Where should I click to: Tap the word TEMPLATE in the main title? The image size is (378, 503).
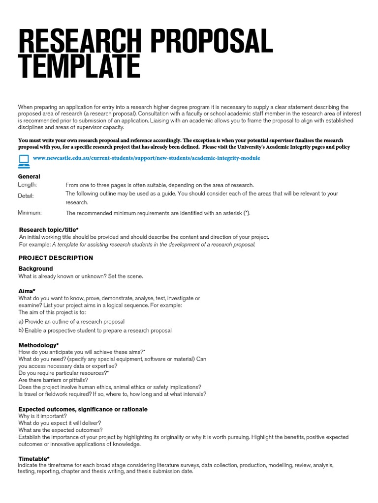point(79,67)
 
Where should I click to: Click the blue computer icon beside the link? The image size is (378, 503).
point(24,159)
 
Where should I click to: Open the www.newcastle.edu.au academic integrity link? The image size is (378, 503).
point(146,158)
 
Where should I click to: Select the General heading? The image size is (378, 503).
point(29,176)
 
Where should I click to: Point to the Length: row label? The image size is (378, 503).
point(28,185)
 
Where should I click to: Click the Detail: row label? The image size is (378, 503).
point(26,196)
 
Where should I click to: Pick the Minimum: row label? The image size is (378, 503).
point(30,213)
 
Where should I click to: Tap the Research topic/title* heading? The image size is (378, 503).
point(48,229)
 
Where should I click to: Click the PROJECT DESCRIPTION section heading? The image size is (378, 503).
point(56,258)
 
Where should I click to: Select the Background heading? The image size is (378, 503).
point(35,269)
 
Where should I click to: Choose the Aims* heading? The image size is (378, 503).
point(27,291)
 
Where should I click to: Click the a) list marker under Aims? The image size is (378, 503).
point(21,321)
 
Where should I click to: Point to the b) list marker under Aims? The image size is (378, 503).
point(21,330)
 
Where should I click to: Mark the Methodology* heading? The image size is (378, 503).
point(38,345)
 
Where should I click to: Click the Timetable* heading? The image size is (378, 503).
point(34,459)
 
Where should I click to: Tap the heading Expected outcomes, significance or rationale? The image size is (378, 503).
point(83,409)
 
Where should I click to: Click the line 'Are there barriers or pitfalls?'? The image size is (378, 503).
point(53,380)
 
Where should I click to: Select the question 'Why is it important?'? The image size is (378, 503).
point(42,416)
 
